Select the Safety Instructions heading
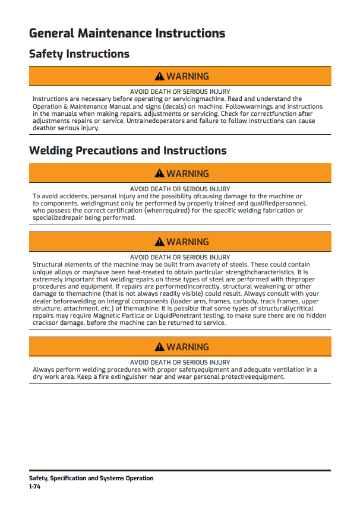coord(79,54)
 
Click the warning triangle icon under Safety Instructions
coord(159,77)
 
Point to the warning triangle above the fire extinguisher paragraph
coord(159,347)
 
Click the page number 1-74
coord(35,486)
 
